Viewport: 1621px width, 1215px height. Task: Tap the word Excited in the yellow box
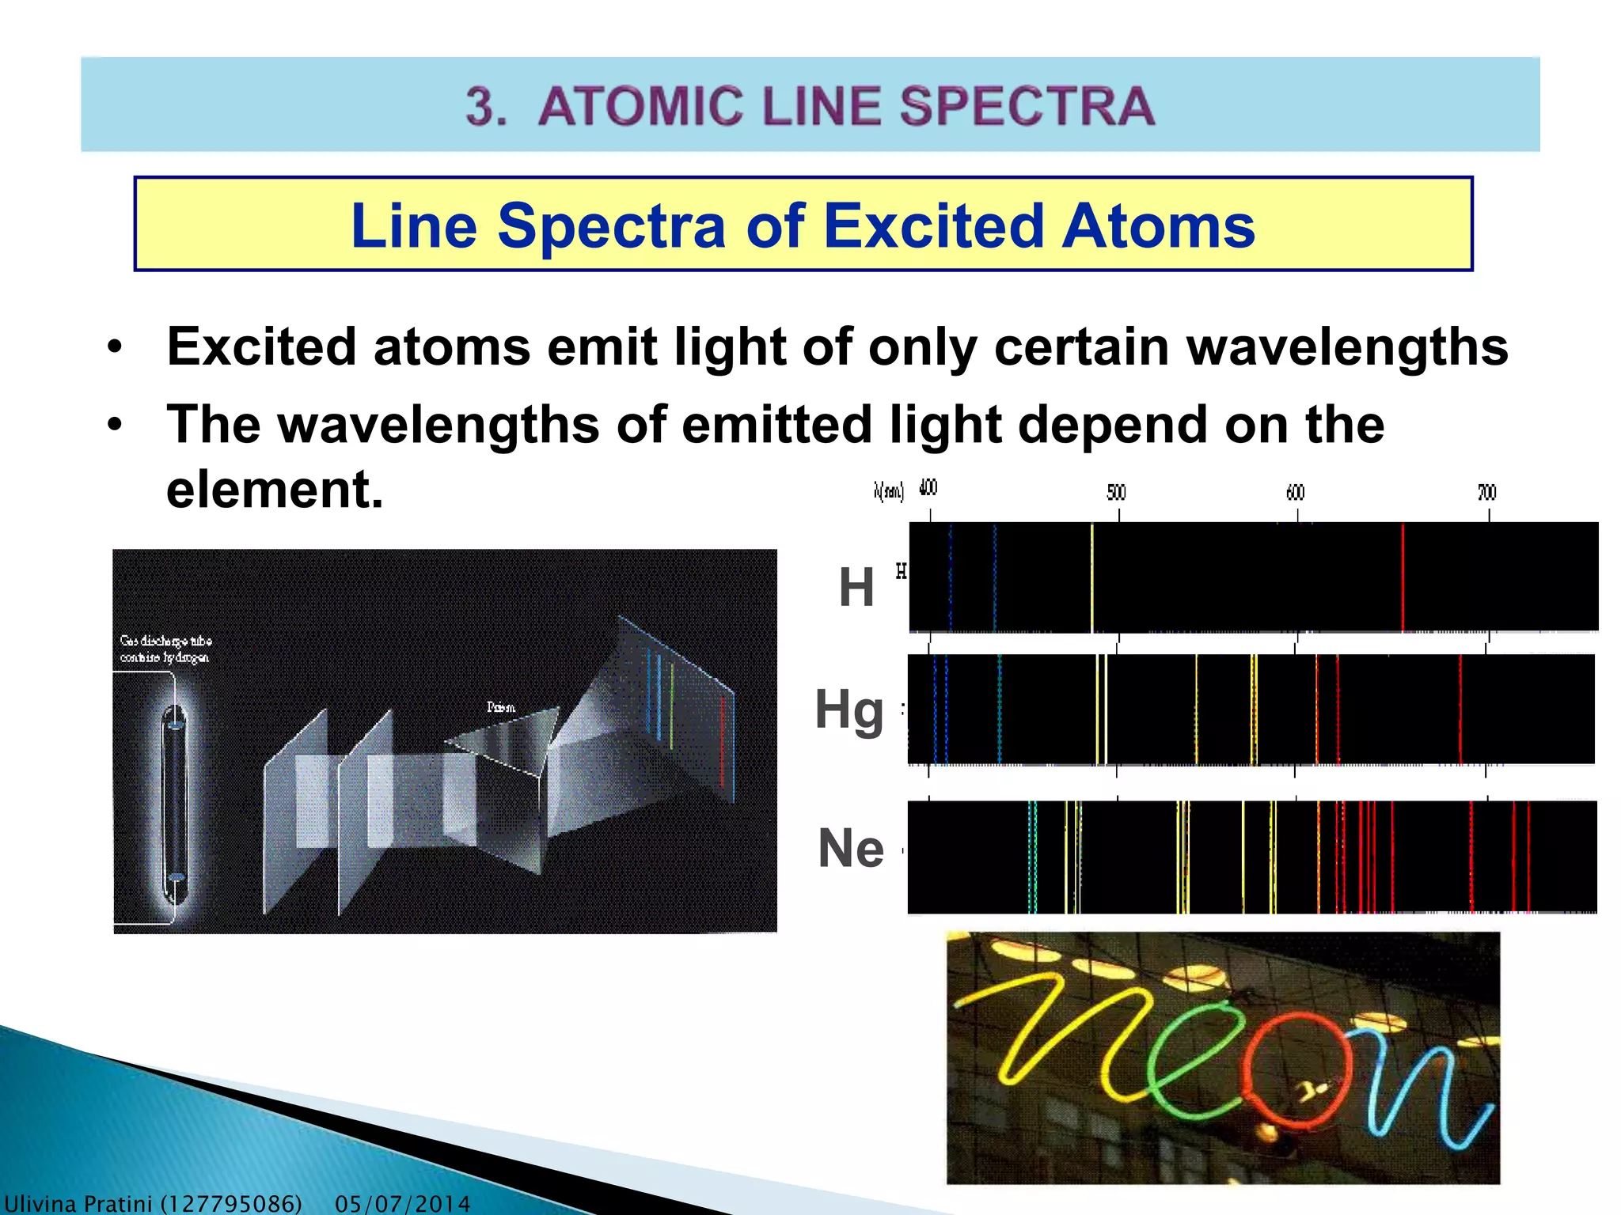pos(934,226)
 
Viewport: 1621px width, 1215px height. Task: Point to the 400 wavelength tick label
pos(928,488)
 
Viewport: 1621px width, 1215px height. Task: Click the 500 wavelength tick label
pos(1116,493)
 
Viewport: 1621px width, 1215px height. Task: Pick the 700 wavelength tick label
pos(1487,493)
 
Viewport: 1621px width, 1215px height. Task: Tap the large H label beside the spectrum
pos(856,588)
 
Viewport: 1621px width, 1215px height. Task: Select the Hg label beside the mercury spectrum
pos(849,710)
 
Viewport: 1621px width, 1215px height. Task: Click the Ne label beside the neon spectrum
pos(851,849)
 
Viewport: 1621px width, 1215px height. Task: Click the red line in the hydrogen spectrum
pos(1403,577)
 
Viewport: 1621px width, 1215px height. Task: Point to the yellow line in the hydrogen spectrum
pos(1092,577)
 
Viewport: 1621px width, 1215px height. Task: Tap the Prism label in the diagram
pos(500,707)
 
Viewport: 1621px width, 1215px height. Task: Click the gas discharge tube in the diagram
pos(174,803)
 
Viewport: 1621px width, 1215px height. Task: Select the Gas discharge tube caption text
pos(165,649)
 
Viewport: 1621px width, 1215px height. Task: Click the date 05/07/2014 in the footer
pos(402,1204)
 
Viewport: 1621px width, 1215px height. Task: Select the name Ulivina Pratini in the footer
pos(79,1204)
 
